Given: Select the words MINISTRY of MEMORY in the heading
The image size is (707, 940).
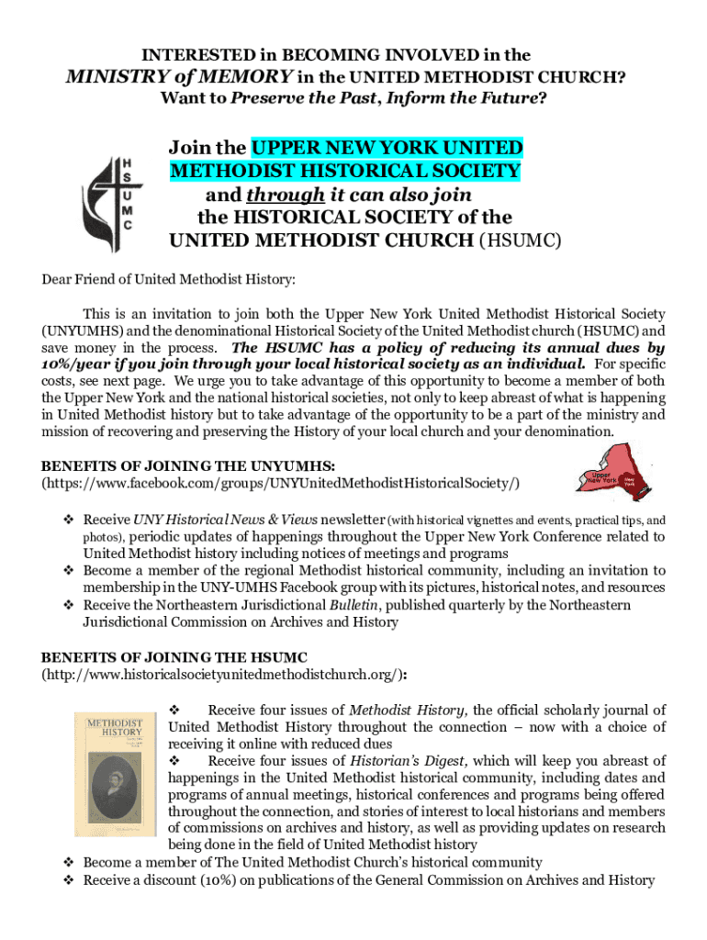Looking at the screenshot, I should coord(181,76).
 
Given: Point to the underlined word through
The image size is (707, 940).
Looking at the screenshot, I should coord(285,195).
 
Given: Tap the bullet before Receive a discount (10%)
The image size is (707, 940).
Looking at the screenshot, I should coord(67,880).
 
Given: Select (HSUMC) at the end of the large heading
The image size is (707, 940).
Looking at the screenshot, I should coord(521,241).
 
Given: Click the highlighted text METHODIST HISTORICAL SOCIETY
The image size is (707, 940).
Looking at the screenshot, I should coord(345,172).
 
